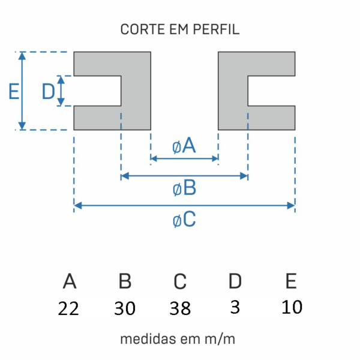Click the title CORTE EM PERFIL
pyautogui.click(x=180, y=30)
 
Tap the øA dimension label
pyautogui.click(x=184, y=145)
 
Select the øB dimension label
pyautogui.click(x=184, y=189)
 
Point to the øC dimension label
pyautogui.click(x=184, y=220)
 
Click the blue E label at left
pyautogui.click(x=14, y=91)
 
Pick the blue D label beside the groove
pyautogui.click(x=48, y=91)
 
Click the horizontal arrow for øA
pyautogui.click(x=184, y=159)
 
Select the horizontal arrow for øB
pyautogui.click(x=184, y=176)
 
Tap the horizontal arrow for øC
pyautogui.click(x=184, y=206)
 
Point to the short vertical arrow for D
pyautogui.click(x=61, y=91)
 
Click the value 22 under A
pyautogui.click(x=69, y=308)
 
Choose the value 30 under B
pyautogui.click(x=125, y=308)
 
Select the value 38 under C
pyautogui.click(x=180, y=308)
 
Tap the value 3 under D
pyautogui.click(x=235, y=307)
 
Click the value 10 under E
pyautogui.click(x=292, y=307)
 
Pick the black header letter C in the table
pyautogui.click(x=180, y=281)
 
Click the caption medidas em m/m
pyautogui.click(x=178, y=339)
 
